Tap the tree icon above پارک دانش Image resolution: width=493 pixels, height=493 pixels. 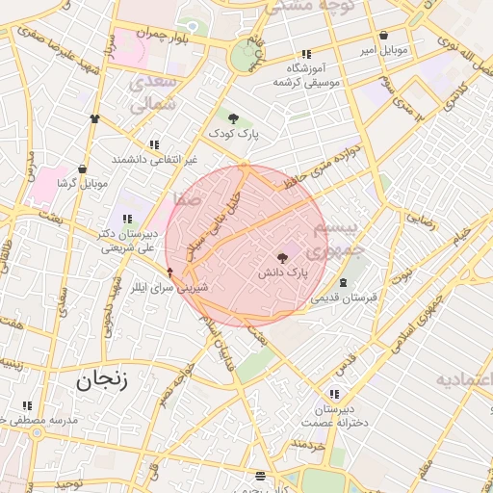(x=282, y=258)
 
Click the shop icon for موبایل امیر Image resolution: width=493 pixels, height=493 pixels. (x=384, y=36)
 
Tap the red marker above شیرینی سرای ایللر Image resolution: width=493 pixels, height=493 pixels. (x=170, y=272)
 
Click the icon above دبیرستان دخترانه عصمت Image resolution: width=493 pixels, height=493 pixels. (x=333, y=394)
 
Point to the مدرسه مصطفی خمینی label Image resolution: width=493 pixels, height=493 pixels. (x=39, y=421)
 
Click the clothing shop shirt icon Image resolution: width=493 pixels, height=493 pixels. (x=94, y=118)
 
